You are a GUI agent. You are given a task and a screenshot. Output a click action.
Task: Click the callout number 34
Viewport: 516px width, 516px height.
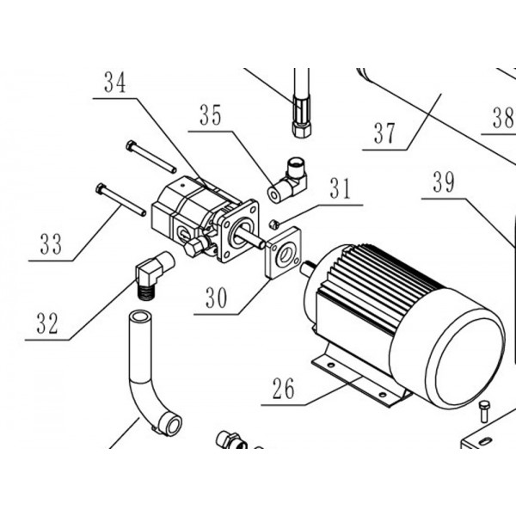pos(115,83)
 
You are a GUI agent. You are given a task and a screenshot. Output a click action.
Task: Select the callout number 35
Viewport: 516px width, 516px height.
pos(211,115)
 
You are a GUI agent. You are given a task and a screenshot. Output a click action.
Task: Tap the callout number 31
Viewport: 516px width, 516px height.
pos(341,188)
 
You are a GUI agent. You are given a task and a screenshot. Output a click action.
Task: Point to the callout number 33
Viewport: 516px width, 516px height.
pos(51,244)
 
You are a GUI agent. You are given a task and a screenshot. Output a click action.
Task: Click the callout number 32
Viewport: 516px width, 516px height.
pos(47,323)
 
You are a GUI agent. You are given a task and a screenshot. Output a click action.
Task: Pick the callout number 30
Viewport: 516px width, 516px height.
pos(216,298)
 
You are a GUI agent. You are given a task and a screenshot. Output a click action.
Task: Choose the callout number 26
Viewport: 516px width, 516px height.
pos(283,389)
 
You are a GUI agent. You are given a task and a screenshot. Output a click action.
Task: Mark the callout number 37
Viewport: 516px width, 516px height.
pos(384,133)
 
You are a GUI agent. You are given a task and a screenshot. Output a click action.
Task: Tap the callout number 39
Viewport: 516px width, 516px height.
pos(444,182)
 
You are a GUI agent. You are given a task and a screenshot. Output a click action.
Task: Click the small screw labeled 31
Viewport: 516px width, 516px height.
pos(273,224)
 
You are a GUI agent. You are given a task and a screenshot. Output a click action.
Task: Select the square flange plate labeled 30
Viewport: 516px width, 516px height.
pos(283,252)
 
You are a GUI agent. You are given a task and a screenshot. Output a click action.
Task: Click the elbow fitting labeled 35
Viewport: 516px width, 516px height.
pos(287,180)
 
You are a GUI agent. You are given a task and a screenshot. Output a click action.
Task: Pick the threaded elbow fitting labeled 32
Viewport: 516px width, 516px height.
pos(153,273)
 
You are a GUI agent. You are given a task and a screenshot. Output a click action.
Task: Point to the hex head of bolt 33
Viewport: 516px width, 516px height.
pos(100,188)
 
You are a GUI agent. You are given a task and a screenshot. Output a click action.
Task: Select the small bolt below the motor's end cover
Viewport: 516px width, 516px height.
pos(484,411)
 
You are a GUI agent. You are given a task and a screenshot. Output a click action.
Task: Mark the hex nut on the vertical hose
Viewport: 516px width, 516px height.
pos(301,131)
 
